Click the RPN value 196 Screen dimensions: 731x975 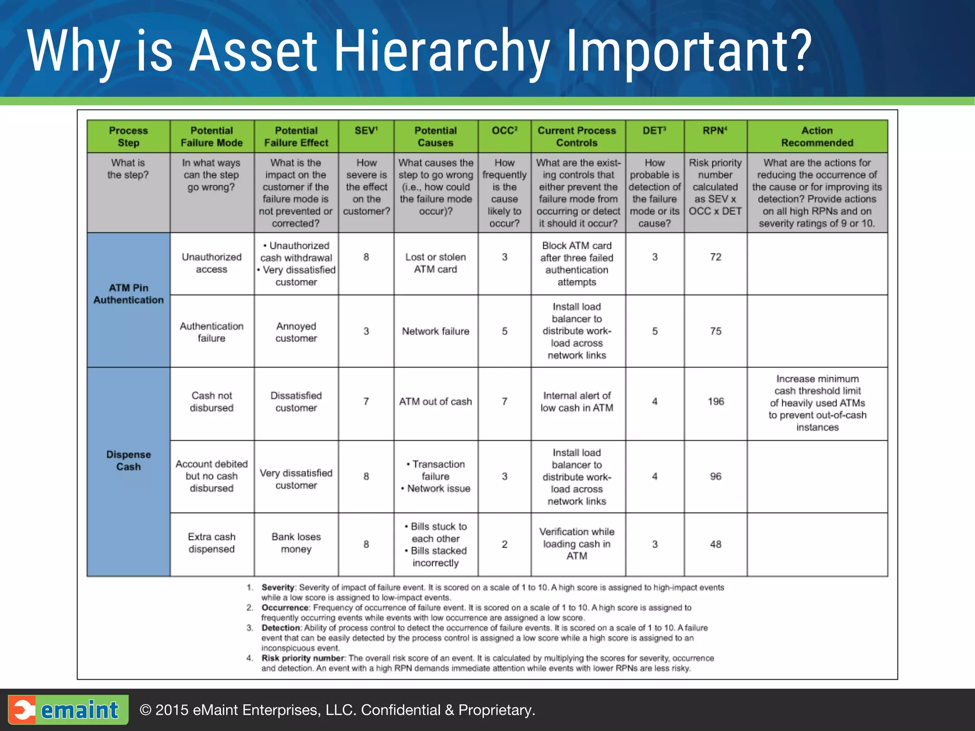click(x=716, y=402)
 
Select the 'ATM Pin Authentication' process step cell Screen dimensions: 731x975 click(x=129, y=294)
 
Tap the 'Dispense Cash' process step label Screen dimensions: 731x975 click(x=129, y=461)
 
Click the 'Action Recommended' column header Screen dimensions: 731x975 click(x=817, y=137)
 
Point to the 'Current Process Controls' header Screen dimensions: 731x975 click(x=577, y=137)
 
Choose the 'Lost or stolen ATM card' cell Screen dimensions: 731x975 click(x=436, y=263)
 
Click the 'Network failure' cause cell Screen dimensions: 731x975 click(x=436, y=331)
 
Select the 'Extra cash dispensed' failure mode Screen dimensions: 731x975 click(x=212, y=543)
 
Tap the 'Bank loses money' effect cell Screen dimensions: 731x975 click(x=296, y=543)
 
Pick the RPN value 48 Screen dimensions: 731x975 click(x=716, y=544)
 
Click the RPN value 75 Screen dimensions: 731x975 click(x=716, y=331)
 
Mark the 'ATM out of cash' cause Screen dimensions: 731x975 click(x=436, y=402)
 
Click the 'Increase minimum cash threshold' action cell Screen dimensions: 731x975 click(x=817, y=403)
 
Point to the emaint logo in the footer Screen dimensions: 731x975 click(x=68, y=710)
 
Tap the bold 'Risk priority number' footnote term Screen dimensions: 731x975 click(x=303, y=658)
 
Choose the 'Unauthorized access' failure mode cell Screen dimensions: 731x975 click(x=212, y=263)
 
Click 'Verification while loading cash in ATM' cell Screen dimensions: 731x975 click(x=577, y=543)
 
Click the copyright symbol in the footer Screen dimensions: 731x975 click(x=146, y=710)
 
